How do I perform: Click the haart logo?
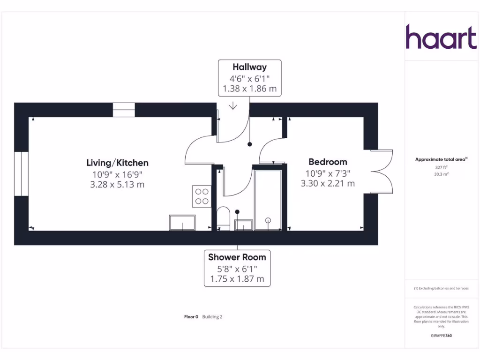pos(441,37)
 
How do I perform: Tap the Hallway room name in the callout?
pos(249,67)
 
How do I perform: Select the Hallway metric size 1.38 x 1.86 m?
pos(249,88)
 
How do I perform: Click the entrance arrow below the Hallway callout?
pos(233,106)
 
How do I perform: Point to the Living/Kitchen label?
pos(117,163)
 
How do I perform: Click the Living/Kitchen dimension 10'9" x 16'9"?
pos(117,174)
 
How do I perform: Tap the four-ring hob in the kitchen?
pos(202,196)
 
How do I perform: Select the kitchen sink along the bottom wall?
pos(182,223)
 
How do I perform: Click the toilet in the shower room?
pos(224,218)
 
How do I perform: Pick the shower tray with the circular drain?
pos(268,200)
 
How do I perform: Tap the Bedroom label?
pos(328,162)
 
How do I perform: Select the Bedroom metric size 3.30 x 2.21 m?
pos(328,183)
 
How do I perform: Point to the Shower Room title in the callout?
pos(237,257)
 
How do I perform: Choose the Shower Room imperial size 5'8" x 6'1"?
pos(237,269)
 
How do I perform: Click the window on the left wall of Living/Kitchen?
pos(21,173)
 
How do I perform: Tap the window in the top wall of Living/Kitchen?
pos(124,110)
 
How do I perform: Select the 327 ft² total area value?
pos(441,167)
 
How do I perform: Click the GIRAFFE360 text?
pos(441,336)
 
